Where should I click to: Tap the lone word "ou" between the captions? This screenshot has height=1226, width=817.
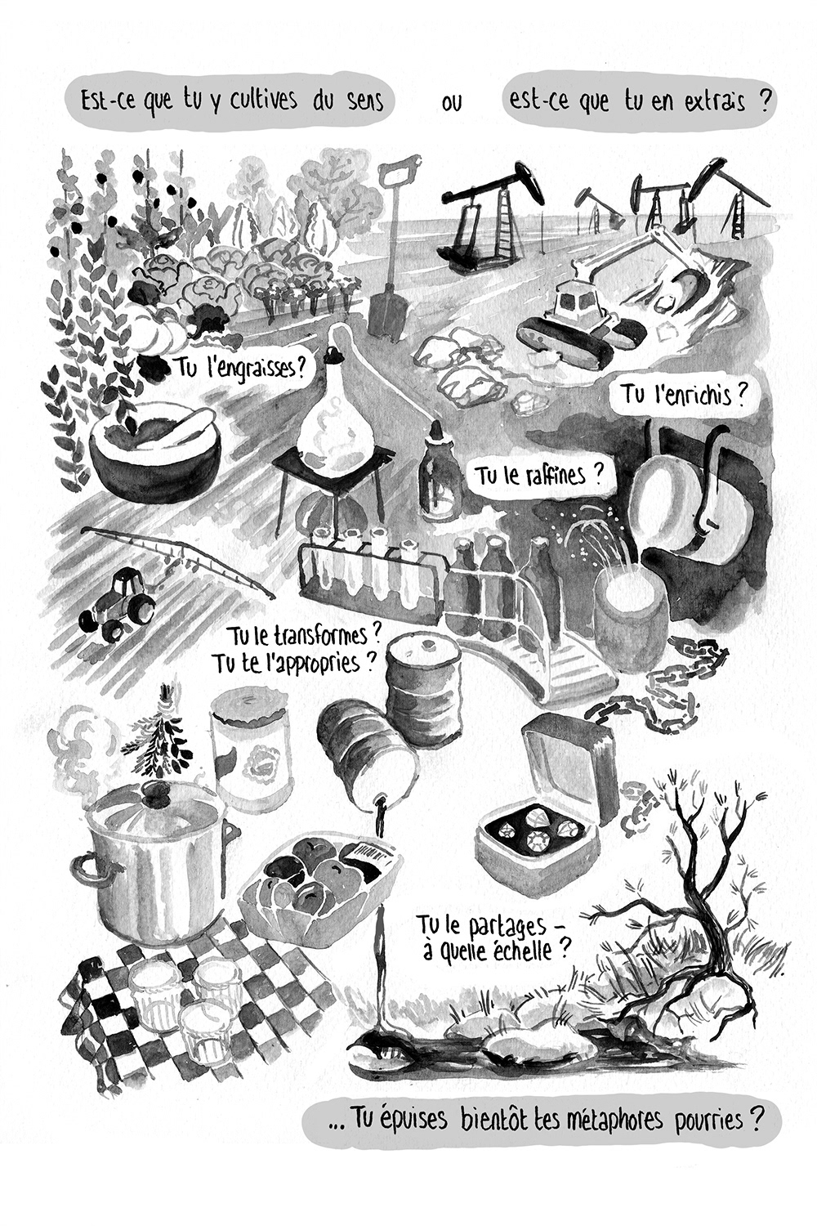point(452,103)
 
